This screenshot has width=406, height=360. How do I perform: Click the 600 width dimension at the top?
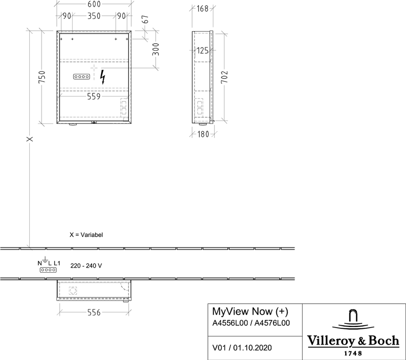click(94, 4)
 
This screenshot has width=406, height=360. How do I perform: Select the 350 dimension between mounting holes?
click(94, 16)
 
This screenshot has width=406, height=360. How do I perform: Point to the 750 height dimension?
click(42, 77)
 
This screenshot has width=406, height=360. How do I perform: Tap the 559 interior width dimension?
click(93, 96)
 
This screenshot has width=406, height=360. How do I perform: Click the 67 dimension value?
click(146, 19)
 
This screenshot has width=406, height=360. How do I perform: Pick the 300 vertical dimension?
click(156, 49)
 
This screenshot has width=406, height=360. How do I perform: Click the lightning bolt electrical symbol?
click(103, 77)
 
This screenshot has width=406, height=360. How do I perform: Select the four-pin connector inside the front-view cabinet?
click(82, 77)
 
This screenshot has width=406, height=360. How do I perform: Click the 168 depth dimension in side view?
click(203, 9)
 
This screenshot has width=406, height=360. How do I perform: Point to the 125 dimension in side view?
click(203, 50)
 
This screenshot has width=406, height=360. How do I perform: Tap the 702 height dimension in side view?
click(224, 77)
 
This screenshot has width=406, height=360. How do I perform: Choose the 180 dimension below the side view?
click(203, 134)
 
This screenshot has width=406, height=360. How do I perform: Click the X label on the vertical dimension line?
click(30, 139)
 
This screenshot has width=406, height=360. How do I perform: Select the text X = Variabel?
click(86, 235)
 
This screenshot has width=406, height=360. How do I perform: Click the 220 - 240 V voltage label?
click(86, 265)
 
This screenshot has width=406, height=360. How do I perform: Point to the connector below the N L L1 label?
click(48, 270)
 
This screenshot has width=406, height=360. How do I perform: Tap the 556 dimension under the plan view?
click(94, 312)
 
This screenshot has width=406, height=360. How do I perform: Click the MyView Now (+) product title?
click(250, 311)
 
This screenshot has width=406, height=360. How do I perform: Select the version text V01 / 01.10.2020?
click(242, 348)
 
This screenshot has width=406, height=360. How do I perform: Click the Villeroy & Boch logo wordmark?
click(353, 341)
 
